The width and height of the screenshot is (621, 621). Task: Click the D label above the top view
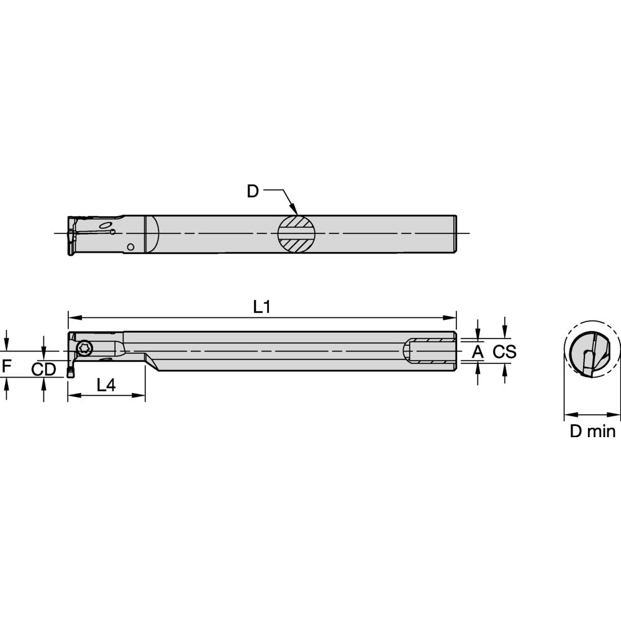pyautogui.click(x=252, y=191)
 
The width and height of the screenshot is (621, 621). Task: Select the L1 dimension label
pyautogui.click(x=261, y=307)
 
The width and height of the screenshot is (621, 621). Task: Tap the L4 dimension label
pyautogui.click(x=106, y=385)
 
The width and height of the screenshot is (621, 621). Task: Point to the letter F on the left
pyautogui.click(x=6, y=366)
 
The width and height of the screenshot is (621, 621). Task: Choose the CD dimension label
pyautogui.click(x=44, y=369)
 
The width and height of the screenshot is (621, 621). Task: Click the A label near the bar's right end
pyautogui.click(x=478, y=352)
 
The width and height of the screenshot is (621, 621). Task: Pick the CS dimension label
pyautogui.click(x=504, y=352)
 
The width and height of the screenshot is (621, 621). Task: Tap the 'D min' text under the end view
pyautogui.click(x=592, y=431)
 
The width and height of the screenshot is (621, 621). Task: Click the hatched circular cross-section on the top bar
pyautogui.click(x=296, y=233)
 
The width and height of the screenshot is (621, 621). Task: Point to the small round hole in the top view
pyautogui.click(x=130, y=247)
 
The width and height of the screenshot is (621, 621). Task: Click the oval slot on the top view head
pyautogui.click(x=106, y=224)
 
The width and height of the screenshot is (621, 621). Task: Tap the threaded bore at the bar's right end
pyautogui.click(x=430, y=351)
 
